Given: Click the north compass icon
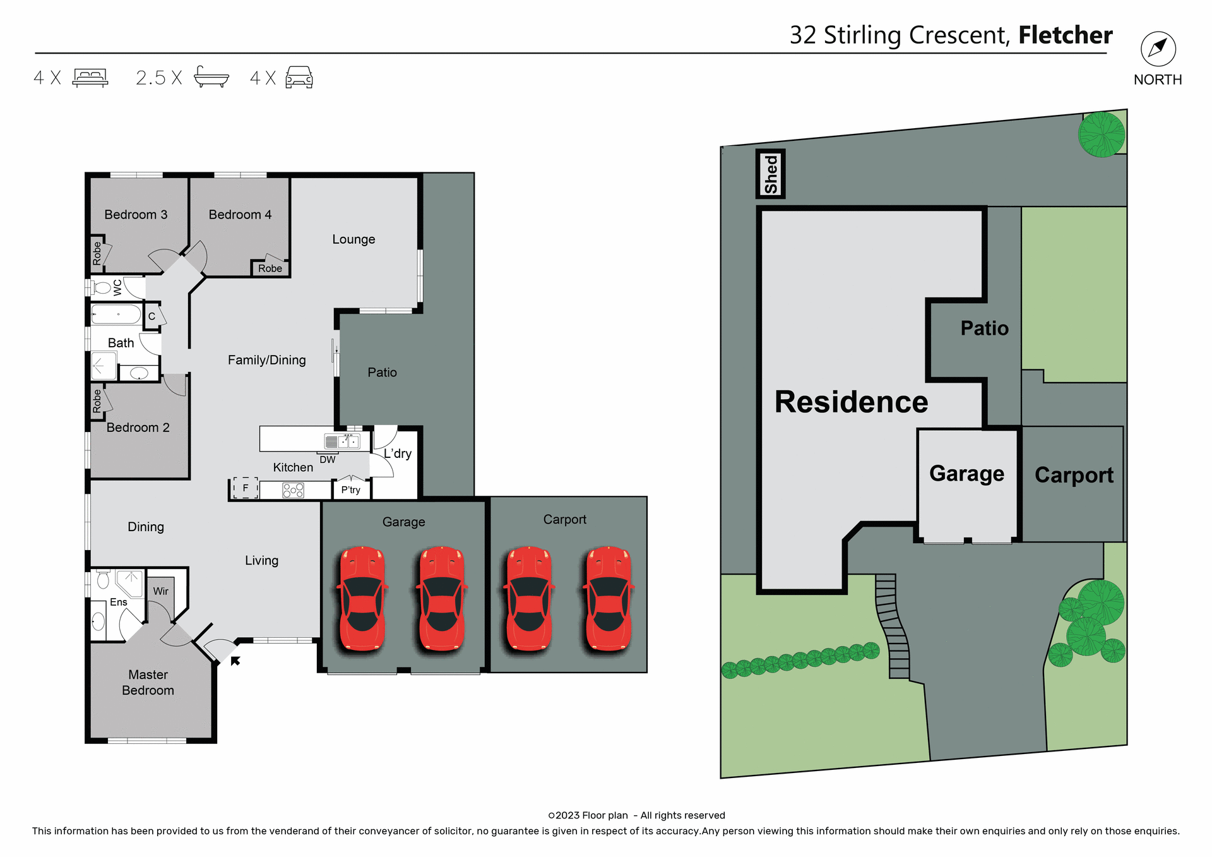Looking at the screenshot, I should tap(1158, 49).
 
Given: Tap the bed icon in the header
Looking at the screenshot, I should tap(90, 77).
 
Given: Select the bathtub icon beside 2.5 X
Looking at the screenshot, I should tap(211, 76).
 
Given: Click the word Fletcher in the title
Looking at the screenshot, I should tap(1065, 35).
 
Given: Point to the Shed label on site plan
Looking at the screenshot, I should tap(770, 174).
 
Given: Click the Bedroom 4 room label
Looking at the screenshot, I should tap(240, 215).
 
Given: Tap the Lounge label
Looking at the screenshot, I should tap(353, 239).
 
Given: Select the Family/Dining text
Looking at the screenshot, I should tap(266, 360).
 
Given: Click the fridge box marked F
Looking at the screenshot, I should tap(245, 488).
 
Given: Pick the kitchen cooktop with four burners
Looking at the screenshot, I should tap(293, 490).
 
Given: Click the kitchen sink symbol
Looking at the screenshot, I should tap(342, 441).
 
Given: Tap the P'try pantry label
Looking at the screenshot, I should tap(350, 489).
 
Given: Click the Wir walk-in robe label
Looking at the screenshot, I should tap(160, 591).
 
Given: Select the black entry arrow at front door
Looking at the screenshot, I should tap(235, 661).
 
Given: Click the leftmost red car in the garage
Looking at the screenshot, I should tap(362, 597).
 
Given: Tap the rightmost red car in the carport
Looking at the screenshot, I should tap(609, 597).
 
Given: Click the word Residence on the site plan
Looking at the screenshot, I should tap(851, 402).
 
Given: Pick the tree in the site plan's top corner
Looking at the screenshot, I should tap(1101, 135).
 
